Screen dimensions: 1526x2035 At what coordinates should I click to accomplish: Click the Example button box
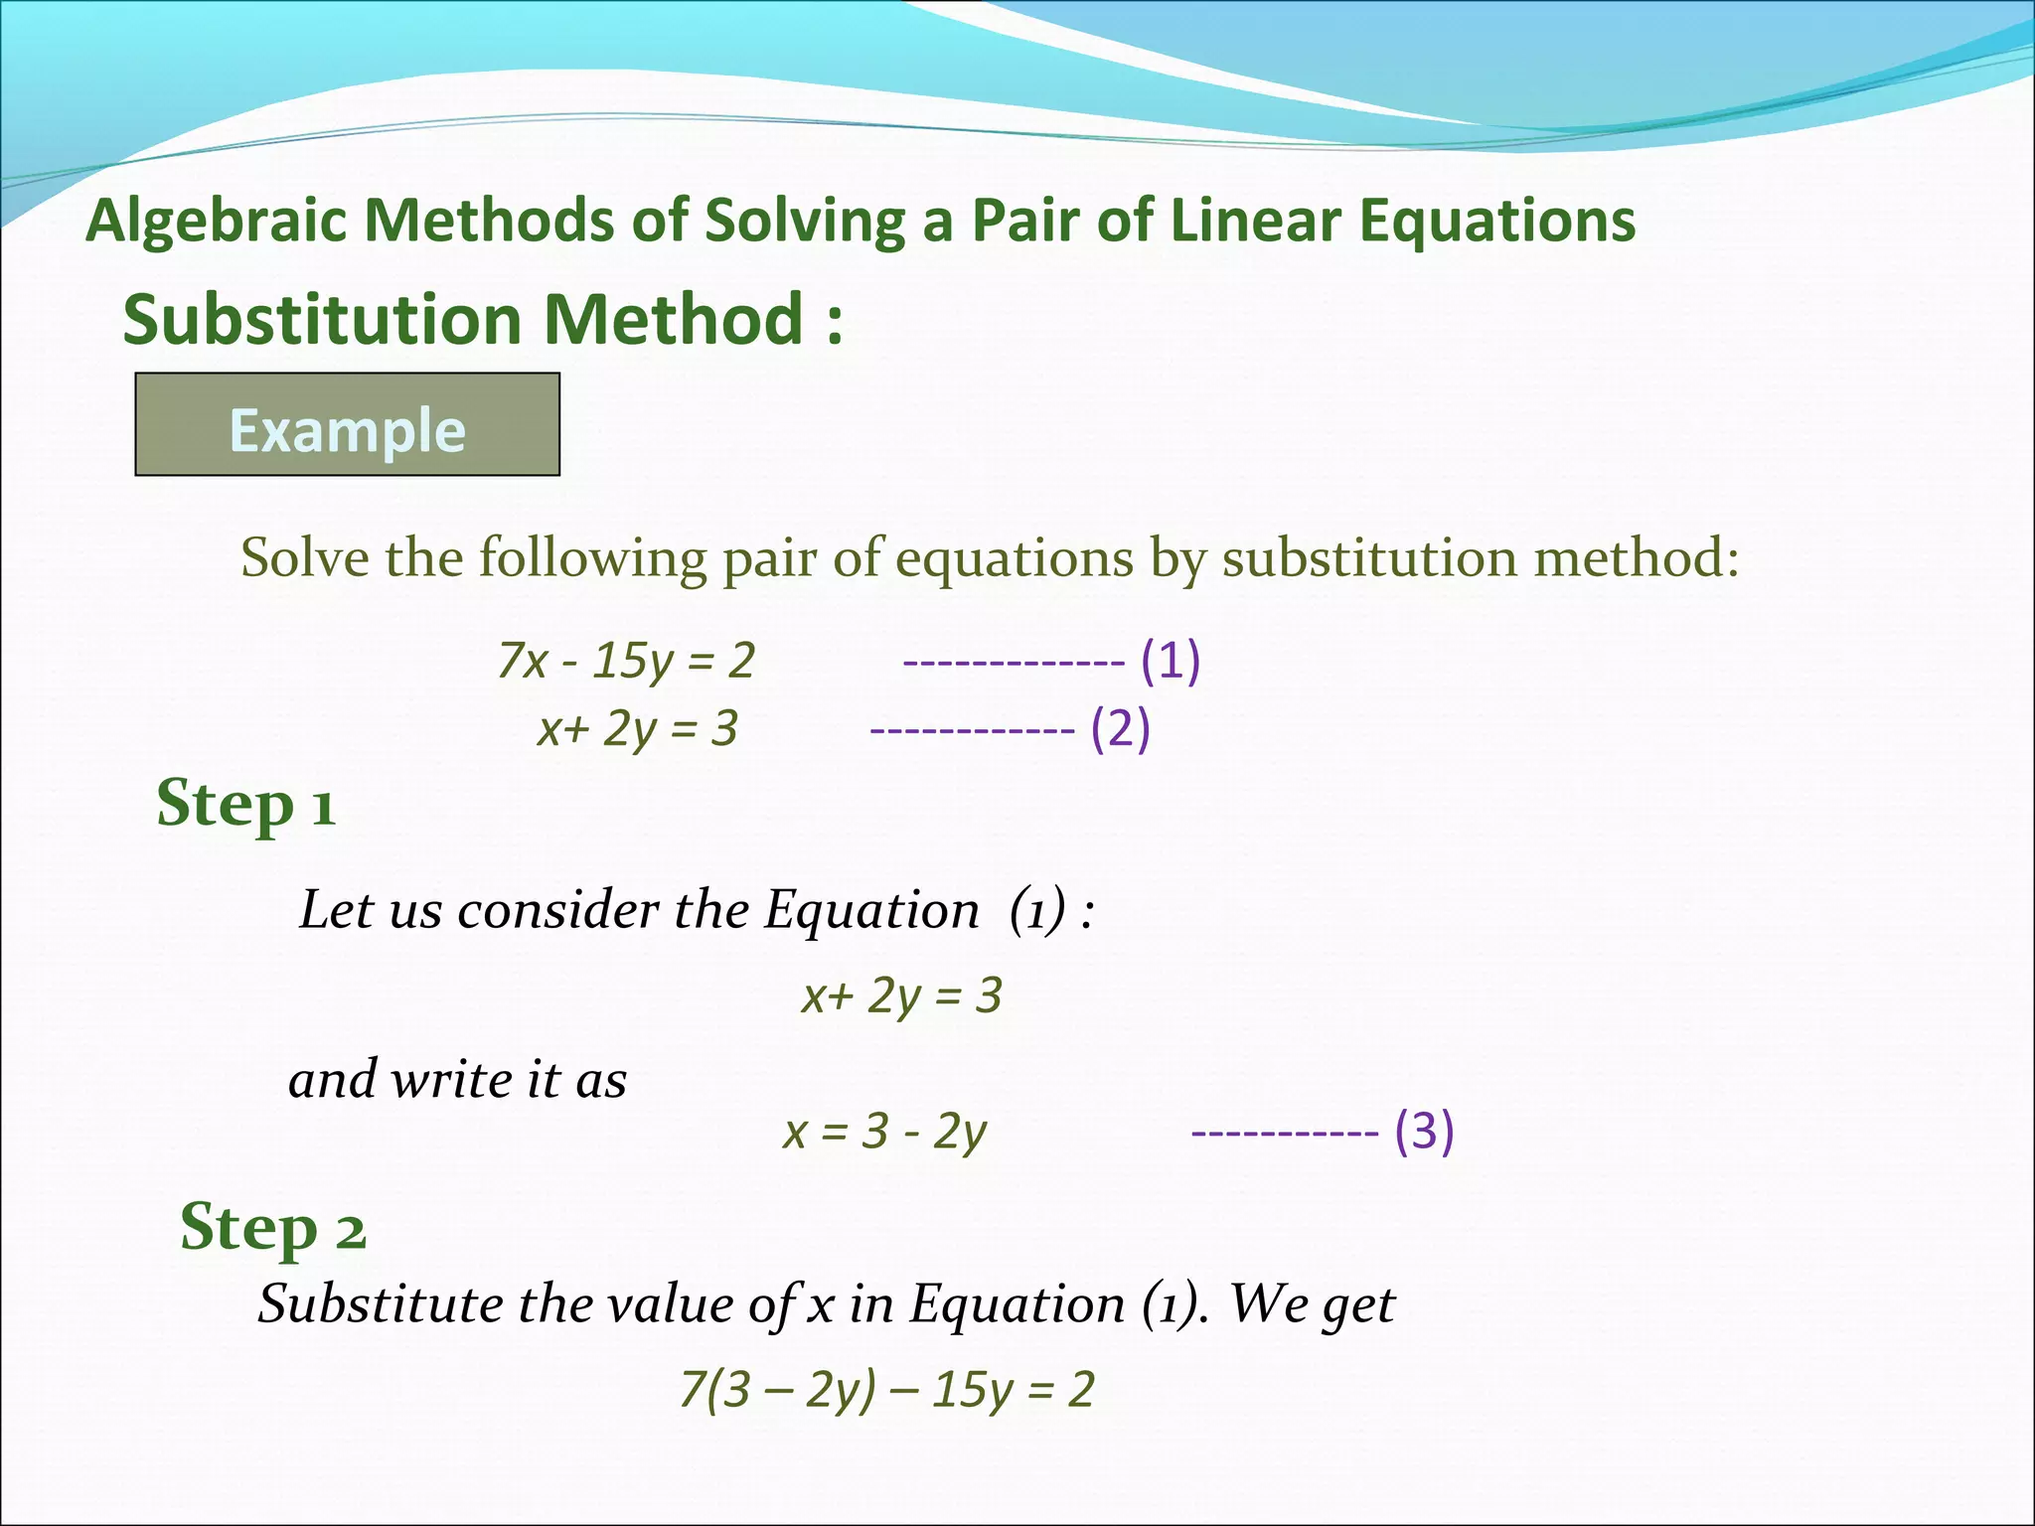click(x=347, y=425)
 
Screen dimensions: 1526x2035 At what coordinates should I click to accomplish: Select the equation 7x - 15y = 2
click(x=626, y=661)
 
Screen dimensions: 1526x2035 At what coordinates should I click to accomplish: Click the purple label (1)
click(x=1171, y=661)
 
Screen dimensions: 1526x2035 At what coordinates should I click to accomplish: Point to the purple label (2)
click(x=1120, y=729)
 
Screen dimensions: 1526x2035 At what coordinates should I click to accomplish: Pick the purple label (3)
click(x=1424, y=1131)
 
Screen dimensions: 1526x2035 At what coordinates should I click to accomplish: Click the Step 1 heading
click(x=245, y=804)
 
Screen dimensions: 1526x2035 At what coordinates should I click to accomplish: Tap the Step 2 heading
click(x=272, y=1228)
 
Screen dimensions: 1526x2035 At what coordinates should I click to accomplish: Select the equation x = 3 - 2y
click(x=884, y=1132)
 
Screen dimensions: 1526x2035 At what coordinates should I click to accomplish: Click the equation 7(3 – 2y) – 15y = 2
click(x=886, y=1389)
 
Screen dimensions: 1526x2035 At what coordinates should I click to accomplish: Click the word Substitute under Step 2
click(x=380, y=1303)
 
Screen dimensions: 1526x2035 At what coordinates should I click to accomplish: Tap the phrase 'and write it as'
click(x=457, y=1080)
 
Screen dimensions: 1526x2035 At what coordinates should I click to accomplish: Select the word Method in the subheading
click(x=673, y=320)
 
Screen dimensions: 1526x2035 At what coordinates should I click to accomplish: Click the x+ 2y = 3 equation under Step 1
click(x=901, y=995)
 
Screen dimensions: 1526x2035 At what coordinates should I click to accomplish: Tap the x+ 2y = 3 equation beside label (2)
click(x=637, y=729)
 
